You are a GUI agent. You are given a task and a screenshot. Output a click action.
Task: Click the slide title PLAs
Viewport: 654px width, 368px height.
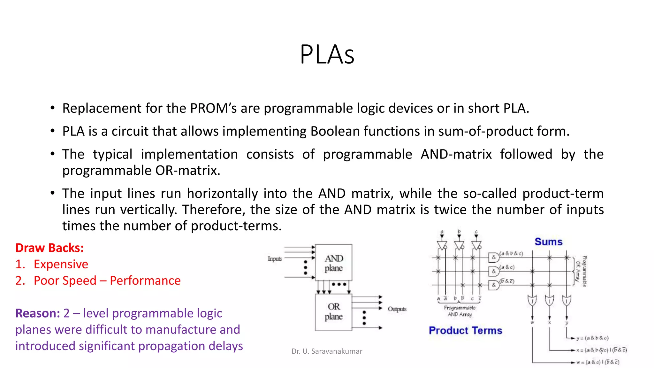point(327,54)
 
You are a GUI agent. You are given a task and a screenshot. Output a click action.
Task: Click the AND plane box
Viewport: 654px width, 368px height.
point(334,263)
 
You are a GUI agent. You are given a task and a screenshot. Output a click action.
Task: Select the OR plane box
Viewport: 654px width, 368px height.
point(334,312)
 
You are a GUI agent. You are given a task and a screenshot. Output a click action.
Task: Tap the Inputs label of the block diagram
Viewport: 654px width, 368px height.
point(275,259)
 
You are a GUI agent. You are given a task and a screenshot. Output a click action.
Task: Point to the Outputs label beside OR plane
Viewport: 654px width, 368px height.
point(397,309)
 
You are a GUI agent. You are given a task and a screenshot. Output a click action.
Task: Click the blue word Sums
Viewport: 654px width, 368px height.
point(548,242)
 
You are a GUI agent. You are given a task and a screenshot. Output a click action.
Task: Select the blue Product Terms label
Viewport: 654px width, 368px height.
point(465,330)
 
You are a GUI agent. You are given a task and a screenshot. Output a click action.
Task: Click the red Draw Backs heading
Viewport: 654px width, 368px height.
point(49,248)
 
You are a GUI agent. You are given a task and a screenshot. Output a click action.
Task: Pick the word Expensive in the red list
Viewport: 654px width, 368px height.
point(61,264)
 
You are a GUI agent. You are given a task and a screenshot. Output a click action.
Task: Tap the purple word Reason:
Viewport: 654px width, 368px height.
point(38,313)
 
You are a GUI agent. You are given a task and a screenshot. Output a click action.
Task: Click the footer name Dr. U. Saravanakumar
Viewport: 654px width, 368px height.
point(327,351)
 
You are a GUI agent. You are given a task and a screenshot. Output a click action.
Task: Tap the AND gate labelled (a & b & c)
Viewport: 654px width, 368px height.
point(494,257)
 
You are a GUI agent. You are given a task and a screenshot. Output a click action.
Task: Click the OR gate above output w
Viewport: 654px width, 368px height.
point(532,301)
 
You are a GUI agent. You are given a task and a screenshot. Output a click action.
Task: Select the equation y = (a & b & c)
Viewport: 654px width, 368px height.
point(592,338)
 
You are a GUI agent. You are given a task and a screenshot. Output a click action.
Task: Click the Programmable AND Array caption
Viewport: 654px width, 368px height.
point(460,311)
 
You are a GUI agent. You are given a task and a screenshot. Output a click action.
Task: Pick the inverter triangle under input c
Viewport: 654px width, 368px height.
point(476,245)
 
